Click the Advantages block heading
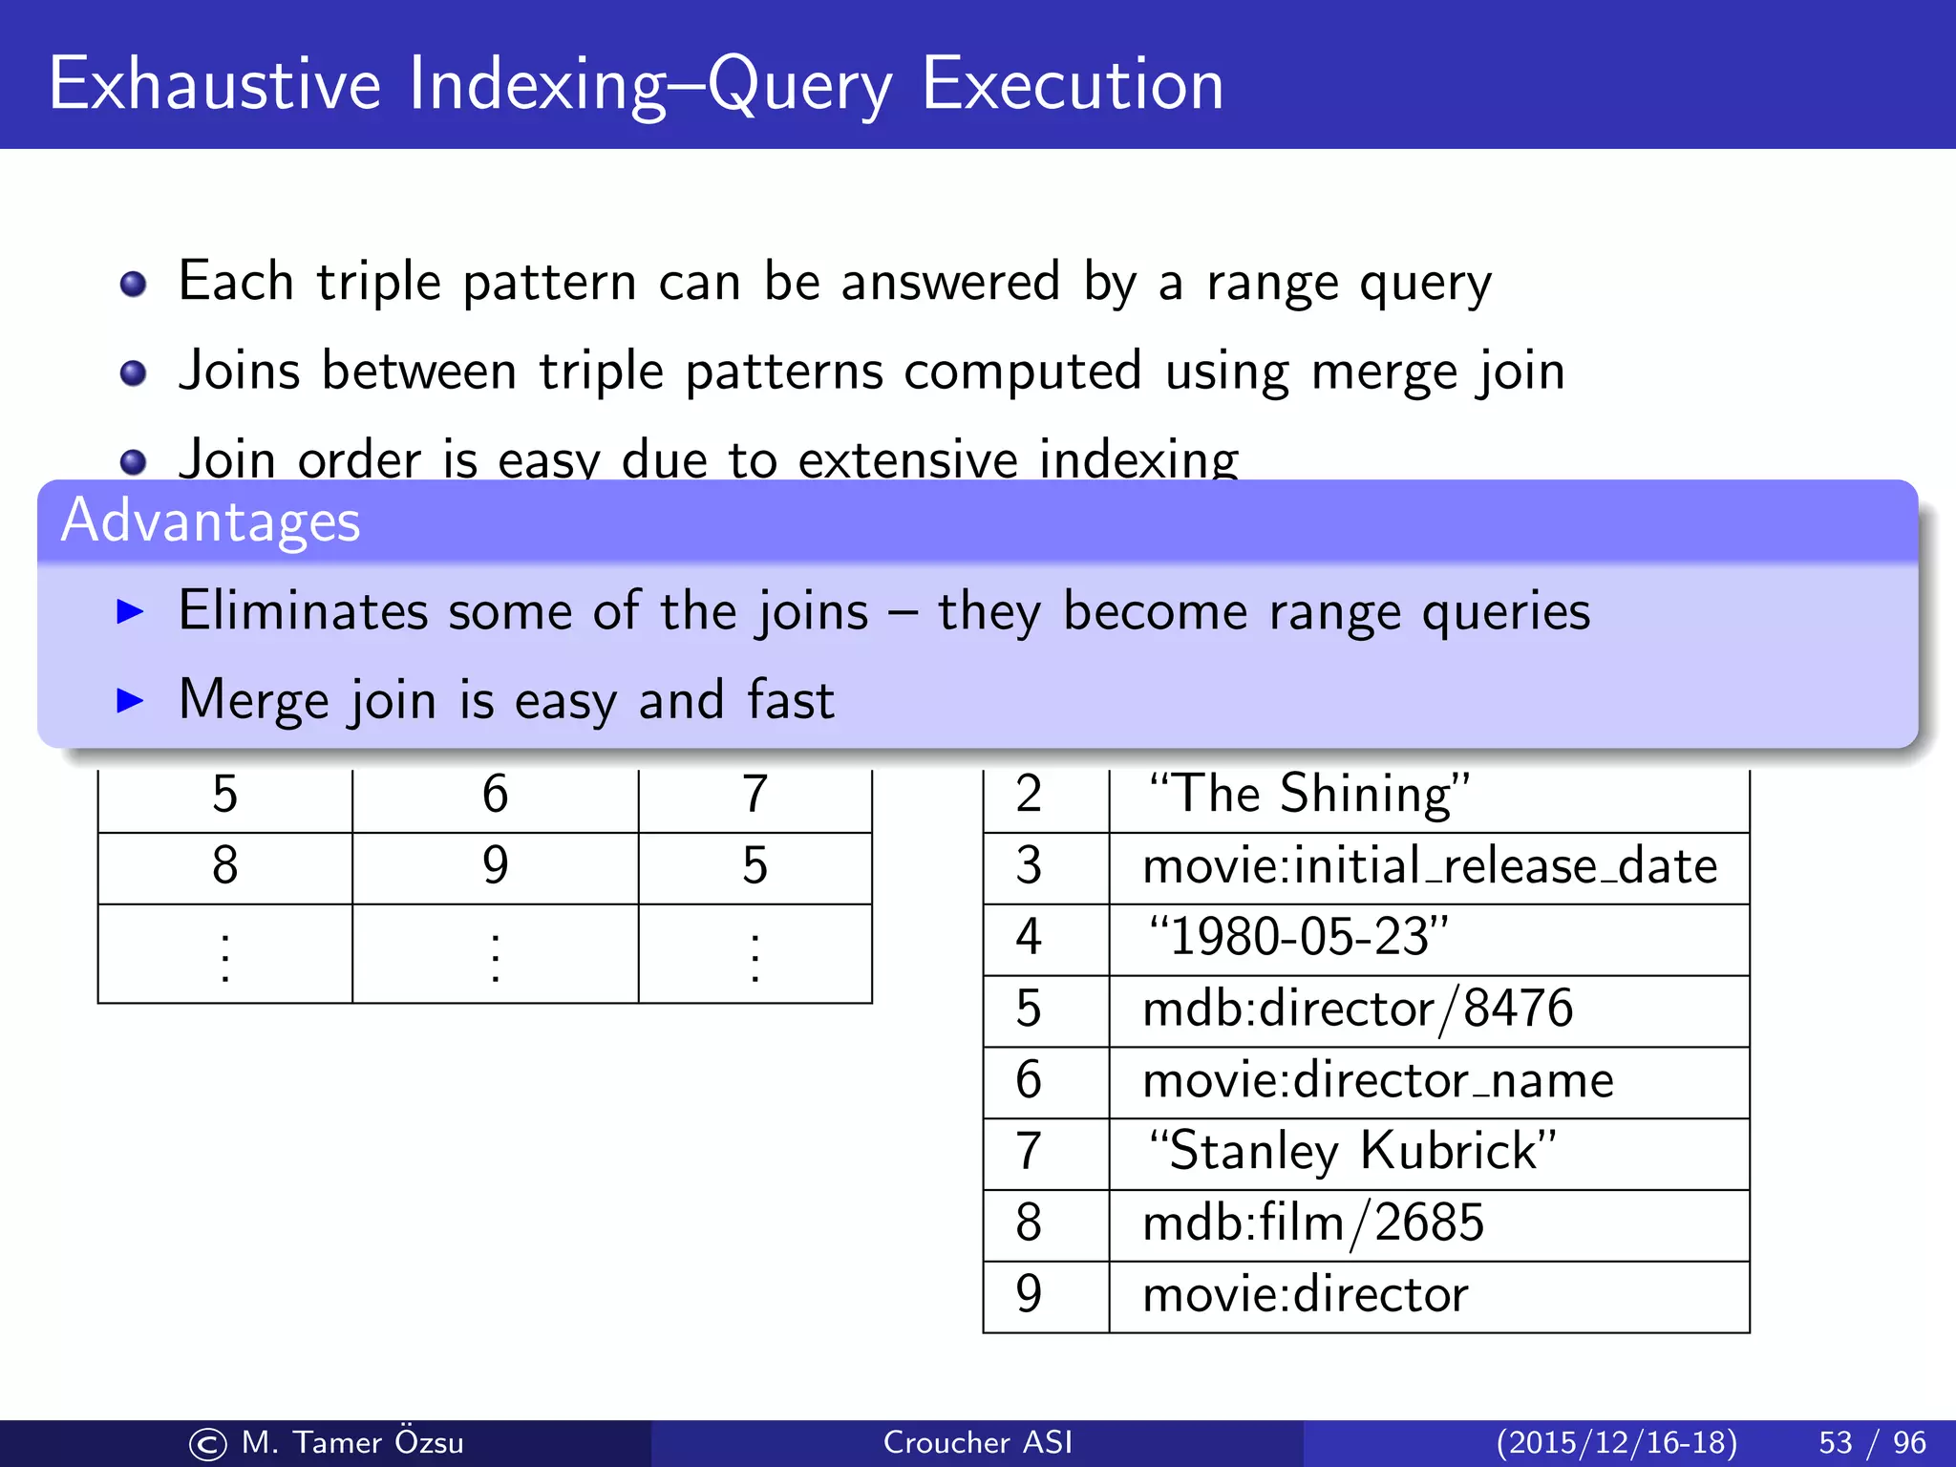pyautogui.click(x=210, y=521)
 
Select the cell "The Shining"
pyautogui.click(x=1308, y=795)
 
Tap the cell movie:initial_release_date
pyautogui.click(x=1430, y=866)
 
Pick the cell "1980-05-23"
pyautogui.click(x=1298, y=937)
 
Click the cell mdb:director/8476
pyautogui.click(x=1357, y=1009)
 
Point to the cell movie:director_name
pyautogui.click(x=1377, y=1080)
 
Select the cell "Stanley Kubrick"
pyautogui.click(x=1351, y=1151)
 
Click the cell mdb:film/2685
pyautogui.click(x=1313, y=1222)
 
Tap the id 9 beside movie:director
pyautogui.click(x=1029, y=1294)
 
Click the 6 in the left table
pyautogui.click(x=495, y=795)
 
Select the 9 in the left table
pyautogui.click(x=495, y=865)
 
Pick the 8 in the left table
pyautogui.click(x=224, y=865)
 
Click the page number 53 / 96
pyautogui.click(x=1872, y=1442)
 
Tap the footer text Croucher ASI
pyautogui.click(x=977, y=1442)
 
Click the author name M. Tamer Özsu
pyautogui.click(x=351, y=1442)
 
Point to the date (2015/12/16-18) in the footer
pyautogui.click(x=1616, y=1442)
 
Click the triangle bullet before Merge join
pyautogui.click(x=129, y=700)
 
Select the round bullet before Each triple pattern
pyautogui.click(x=133, y=285)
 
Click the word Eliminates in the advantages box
pyautogui.click(x=303, y=611)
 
